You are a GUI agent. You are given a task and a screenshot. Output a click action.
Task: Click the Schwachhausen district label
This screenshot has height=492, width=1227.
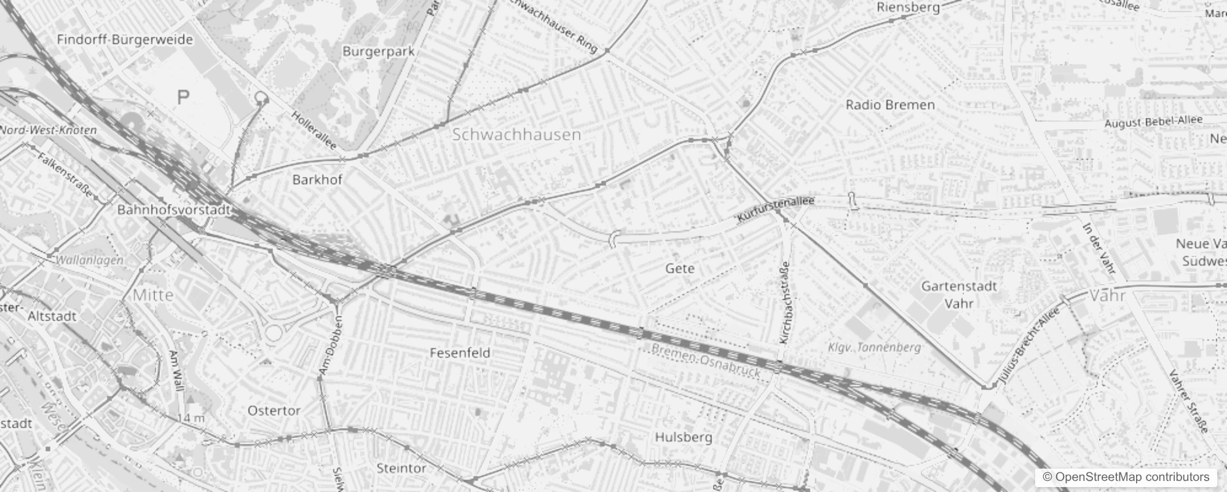[x=516, y=135]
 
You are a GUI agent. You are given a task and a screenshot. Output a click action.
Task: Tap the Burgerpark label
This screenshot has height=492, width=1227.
[x=378, y=52]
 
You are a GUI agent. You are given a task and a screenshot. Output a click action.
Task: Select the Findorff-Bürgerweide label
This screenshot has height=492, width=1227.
[x=125, y=40]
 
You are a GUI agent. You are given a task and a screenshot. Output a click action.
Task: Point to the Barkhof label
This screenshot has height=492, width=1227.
[x=317, y=180]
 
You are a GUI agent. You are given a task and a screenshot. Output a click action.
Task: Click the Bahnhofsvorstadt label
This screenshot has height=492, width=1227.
[x=174, y=210]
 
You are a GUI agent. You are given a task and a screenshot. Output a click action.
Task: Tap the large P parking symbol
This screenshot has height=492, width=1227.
[x=183, y=97]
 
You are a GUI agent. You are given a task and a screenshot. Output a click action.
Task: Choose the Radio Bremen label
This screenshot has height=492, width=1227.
[x=890, y=105]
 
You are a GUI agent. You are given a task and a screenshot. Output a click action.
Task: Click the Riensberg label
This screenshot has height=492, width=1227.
[x=908, y=7]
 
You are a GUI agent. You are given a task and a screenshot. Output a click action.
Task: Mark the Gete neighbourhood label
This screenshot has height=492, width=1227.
[x=680, y=269]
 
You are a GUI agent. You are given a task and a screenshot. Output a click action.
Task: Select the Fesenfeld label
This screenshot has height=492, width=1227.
[x=460, y=353]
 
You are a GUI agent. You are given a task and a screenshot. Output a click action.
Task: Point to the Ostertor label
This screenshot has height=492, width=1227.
[x=274, y=411]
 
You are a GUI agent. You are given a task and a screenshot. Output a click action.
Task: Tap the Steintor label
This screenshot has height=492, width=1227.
[x=401, y=469]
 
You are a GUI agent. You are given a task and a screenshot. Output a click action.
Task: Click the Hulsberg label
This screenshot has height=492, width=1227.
[x=683, y=437]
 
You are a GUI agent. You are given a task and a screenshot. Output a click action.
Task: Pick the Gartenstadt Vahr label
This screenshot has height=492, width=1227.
[x=959, y=295]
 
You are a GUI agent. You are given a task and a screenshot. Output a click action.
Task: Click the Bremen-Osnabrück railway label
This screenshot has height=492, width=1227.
[x=706, y=360]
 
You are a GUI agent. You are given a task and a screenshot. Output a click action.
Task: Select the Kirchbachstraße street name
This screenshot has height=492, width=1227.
[x=786, y=303]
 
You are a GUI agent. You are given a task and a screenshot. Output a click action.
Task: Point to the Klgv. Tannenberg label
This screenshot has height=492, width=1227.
[x=874, y=347]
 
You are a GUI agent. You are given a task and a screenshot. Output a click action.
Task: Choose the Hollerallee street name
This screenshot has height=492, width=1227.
[x=314, y=130]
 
